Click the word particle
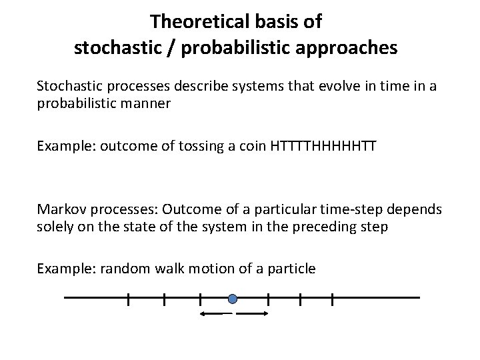(292, 269)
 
